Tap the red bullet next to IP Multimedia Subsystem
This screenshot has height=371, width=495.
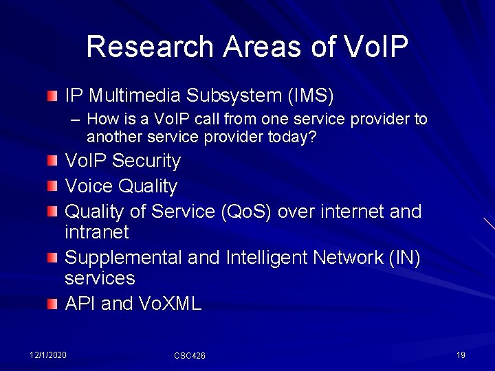(53, 95)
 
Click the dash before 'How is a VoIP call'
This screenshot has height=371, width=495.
(76, 120)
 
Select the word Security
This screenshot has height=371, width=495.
(146, 161)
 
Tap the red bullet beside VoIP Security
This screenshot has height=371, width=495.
(53, 161)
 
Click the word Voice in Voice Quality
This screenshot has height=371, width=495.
(89, 186)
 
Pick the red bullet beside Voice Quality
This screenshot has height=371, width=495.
(53, 187)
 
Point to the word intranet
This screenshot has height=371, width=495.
(96, 232)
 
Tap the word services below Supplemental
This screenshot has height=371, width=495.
(100, 278)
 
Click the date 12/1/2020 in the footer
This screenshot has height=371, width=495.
(48, 355)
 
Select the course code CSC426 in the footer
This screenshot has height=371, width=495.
(189, 355)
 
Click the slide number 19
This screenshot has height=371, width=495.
(461, 355)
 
